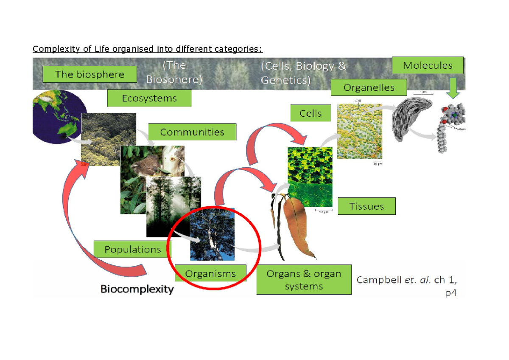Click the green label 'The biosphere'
click(x=89, y=74)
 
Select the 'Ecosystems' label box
click(x=149, y=98)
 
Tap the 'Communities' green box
click(x=192, y=132)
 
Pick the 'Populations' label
click(x=132, y=249)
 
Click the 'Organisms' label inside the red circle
click(x=210, y=273)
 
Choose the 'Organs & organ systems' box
click(x=304, y=280)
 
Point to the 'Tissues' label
click(x=366, y=206)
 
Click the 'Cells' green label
click(x=310, y=113)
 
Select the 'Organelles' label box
click(x=369, y=88)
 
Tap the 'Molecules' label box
click(x=428, y=65)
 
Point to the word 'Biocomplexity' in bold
click(x=137, y=290)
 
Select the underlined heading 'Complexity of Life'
click(x=147, y=49)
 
